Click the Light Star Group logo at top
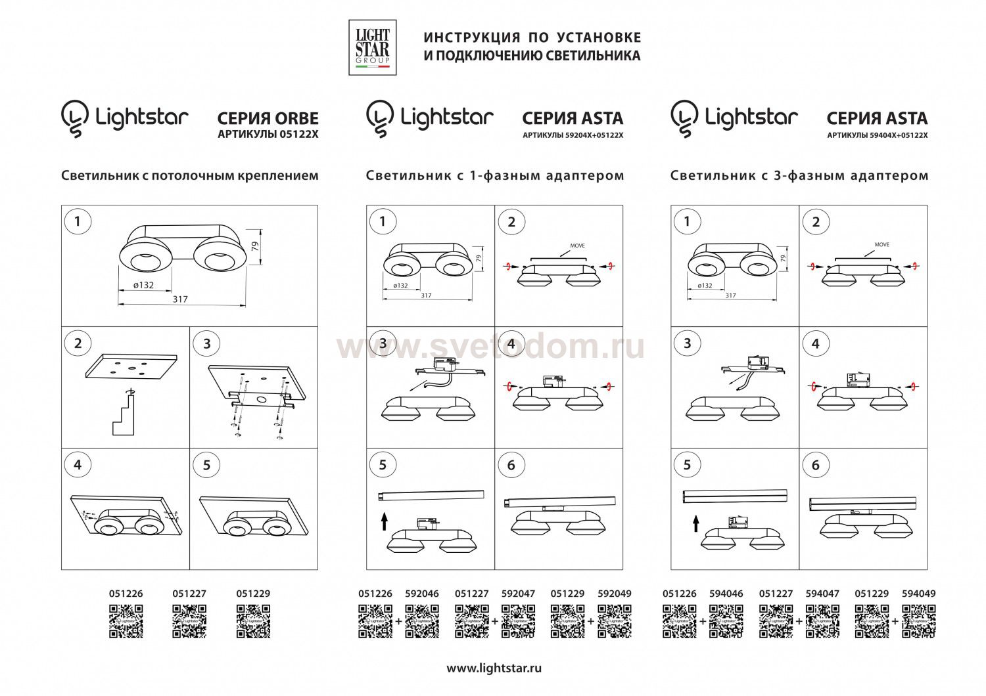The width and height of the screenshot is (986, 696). [x=372, y=47]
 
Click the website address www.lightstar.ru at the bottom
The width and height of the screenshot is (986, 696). [x=494, y=668]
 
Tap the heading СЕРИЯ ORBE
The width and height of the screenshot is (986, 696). [x=268, y=118]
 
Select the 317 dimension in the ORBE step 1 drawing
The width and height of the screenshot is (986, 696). [x=180, y=299]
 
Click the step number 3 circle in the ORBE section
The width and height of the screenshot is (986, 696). [x=207, y=343]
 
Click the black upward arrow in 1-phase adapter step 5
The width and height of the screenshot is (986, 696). [x=384, y=522]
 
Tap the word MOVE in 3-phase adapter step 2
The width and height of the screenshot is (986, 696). [x=881, y=244]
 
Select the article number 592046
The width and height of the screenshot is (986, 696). [x=422, y=593]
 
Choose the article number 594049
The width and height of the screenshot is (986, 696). [x=918, y=593]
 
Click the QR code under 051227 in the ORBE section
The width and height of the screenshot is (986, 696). [x=189, y=621]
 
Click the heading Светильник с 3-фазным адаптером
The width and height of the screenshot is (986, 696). [x=799, y=175]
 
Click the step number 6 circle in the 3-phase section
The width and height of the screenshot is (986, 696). [x=816, y=465]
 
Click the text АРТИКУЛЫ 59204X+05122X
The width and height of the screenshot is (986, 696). [x=572, y=135]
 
